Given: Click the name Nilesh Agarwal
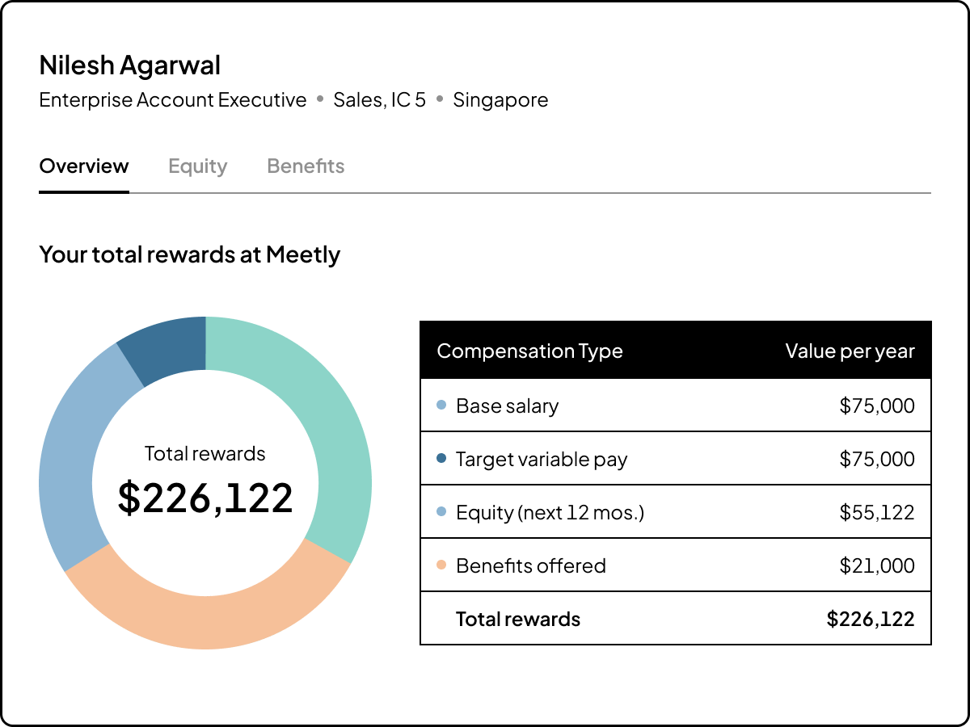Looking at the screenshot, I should [129, 65].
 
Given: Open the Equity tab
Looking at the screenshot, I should [197, 166].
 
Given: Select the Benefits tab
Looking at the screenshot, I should [306, 166].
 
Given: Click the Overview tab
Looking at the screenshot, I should [84, 166].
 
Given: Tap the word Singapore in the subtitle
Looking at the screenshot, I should [500, 100].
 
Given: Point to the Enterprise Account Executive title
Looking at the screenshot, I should [173, 100].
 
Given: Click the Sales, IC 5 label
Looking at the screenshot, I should [379, 100].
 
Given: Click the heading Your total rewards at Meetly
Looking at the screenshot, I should [189, 254].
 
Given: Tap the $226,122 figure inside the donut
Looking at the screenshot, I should [205, 498].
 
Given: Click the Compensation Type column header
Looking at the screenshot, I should [529, 351].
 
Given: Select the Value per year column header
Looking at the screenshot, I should [850, 351].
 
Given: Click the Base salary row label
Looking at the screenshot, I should [507, 406].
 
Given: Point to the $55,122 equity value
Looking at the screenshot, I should [876, 512].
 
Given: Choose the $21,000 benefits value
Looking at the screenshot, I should [876, 565].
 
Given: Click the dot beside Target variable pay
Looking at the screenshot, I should [441, 459].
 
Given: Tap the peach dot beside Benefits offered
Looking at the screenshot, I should [441, 565].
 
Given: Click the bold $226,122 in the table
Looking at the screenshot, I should [870, 619].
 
